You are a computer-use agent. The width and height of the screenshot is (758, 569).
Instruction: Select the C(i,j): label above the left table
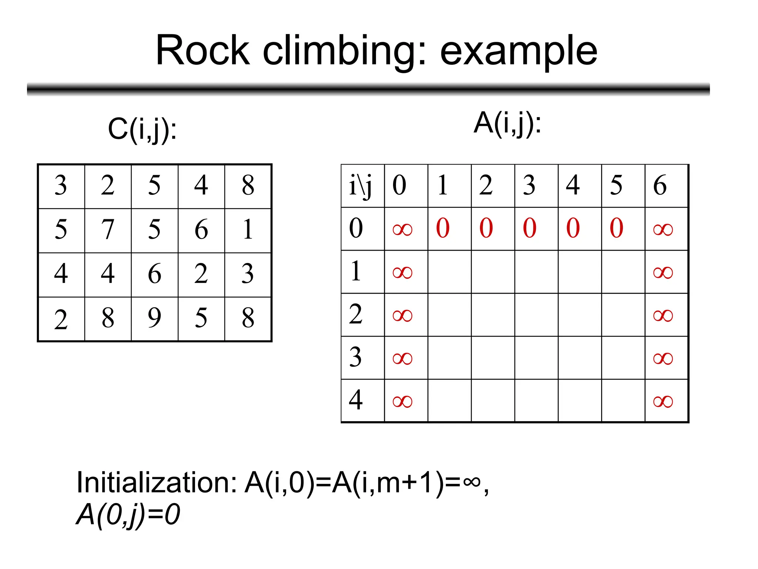[142, 130]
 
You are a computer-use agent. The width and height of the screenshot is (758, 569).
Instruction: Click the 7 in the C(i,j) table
[108, 229]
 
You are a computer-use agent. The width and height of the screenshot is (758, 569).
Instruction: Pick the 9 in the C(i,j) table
[154, 318]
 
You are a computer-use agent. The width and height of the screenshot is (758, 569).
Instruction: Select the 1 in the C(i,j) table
[248, 229]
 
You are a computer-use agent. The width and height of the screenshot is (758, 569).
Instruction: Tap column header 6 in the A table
[660, 185]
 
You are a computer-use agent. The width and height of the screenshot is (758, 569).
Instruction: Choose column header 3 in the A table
[529, 185]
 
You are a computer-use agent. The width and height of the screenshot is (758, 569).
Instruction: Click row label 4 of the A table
[356, 400]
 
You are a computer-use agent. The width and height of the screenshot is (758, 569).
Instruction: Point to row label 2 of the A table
[356, 314]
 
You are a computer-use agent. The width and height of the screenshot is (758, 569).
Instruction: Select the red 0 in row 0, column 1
[443, 228]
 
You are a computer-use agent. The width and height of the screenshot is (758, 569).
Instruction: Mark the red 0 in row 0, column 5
[617, 228]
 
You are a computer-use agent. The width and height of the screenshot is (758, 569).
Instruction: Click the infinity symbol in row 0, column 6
[663, 230]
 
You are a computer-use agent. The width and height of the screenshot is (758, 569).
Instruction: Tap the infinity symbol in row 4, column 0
[402, 402]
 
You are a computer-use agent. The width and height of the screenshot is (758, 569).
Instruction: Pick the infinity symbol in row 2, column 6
[663, 316]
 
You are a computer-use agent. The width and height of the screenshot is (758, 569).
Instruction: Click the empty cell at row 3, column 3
[536, 358]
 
